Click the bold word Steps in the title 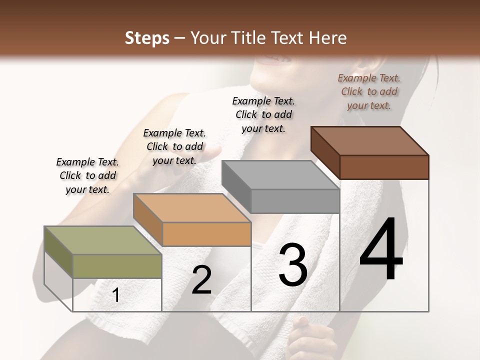coord(147,38)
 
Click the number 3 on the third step coord(293,265)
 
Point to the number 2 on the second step coord(201,280)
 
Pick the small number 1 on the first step coord(116,295)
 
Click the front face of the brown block coord(384,167)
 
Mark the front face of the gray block coord(295,201)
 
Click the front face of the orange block coord(206,234)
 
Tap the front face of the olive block coord(117,266)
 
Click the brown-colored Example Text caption coord(369,91)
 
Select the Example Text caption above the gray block coord(263,114)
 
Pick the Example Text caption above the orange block coord(174,146)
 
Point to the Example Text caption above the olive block coord(87,175)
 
